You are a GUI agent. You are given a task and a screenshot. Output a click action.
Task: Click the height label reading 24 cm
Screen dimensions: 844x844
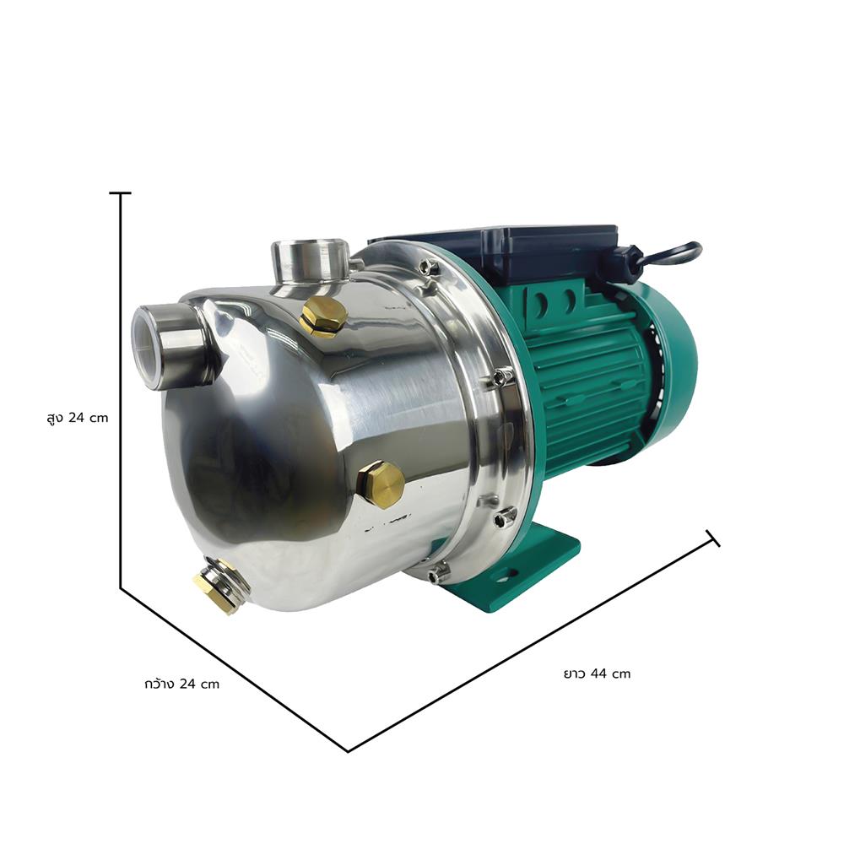(78, 418)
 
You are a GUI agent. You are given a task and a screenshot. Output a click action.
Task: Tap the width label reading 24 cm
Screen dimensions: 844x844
(182, 684)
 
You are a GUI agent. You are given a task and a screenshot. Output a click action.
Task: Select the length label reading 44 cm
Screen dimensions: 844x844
(597, 674)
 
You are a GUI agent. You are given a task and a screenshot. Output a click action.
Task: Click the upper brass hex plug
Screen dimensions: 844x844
(322, 316)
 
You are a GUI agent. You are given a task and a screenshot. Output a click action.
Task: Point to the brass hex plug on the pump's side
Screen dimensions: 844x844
(381, 484)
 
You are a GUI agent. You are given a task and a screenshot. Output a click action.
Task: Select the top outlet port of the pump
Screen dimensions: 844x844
(311, 266)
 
